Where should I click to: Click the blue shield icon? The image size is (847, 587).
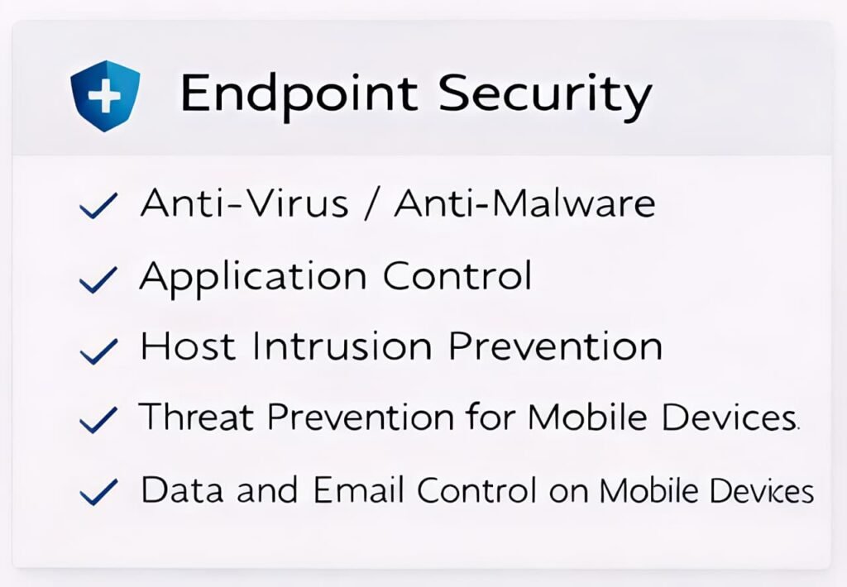[x=105, y=96]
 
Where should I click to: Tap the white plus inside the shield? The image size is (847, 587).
[x=105, y=96]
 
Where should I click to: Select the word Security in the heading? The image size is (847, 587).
[x=544, y=94]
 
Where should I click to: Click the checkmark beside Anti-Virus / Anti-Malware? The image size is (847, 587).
[x=98, y=206]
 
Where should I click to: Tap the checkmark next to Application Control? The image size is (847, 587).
[x=98, y=279]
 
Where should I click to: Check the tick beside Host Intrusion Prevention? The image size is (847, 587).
[x=98, y=351]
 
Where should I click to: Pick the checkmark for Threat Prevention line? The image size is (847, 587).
[x=98, y=420]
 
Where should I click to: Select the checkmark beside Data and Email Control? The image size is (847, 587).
[x=98, y=492]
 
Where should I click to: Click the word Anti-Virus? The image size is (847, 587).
[x=244, y=203]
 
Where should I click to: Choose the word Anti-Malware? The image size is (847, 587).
[x=524, y=203]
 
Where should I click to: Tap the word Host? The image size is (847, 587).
[x=188, y=346]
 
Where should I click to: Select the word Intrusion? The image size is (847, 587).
[x=342, y=346]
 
